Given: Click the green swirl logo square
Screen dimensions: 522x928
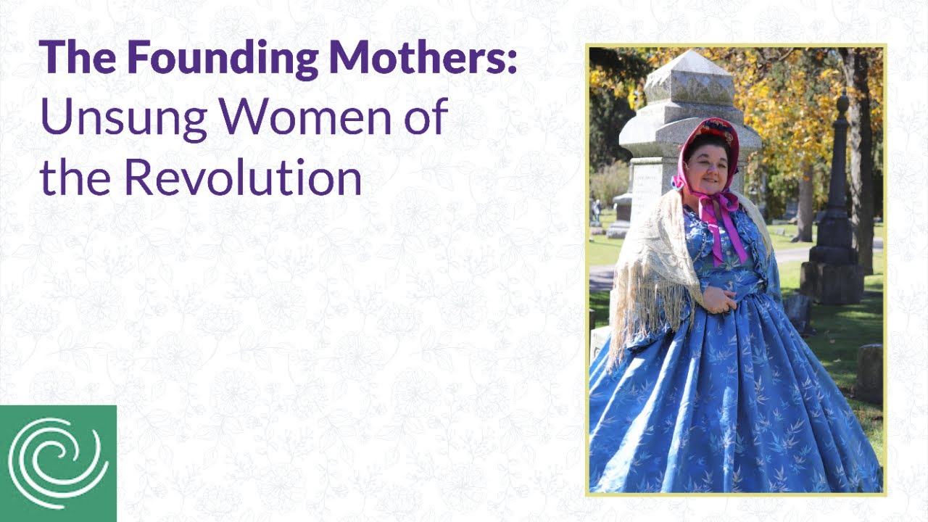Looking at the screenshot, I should tap(58, 463).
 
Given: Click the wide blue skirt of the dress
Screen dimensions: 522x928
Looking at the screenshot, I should tap(732, 406).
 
